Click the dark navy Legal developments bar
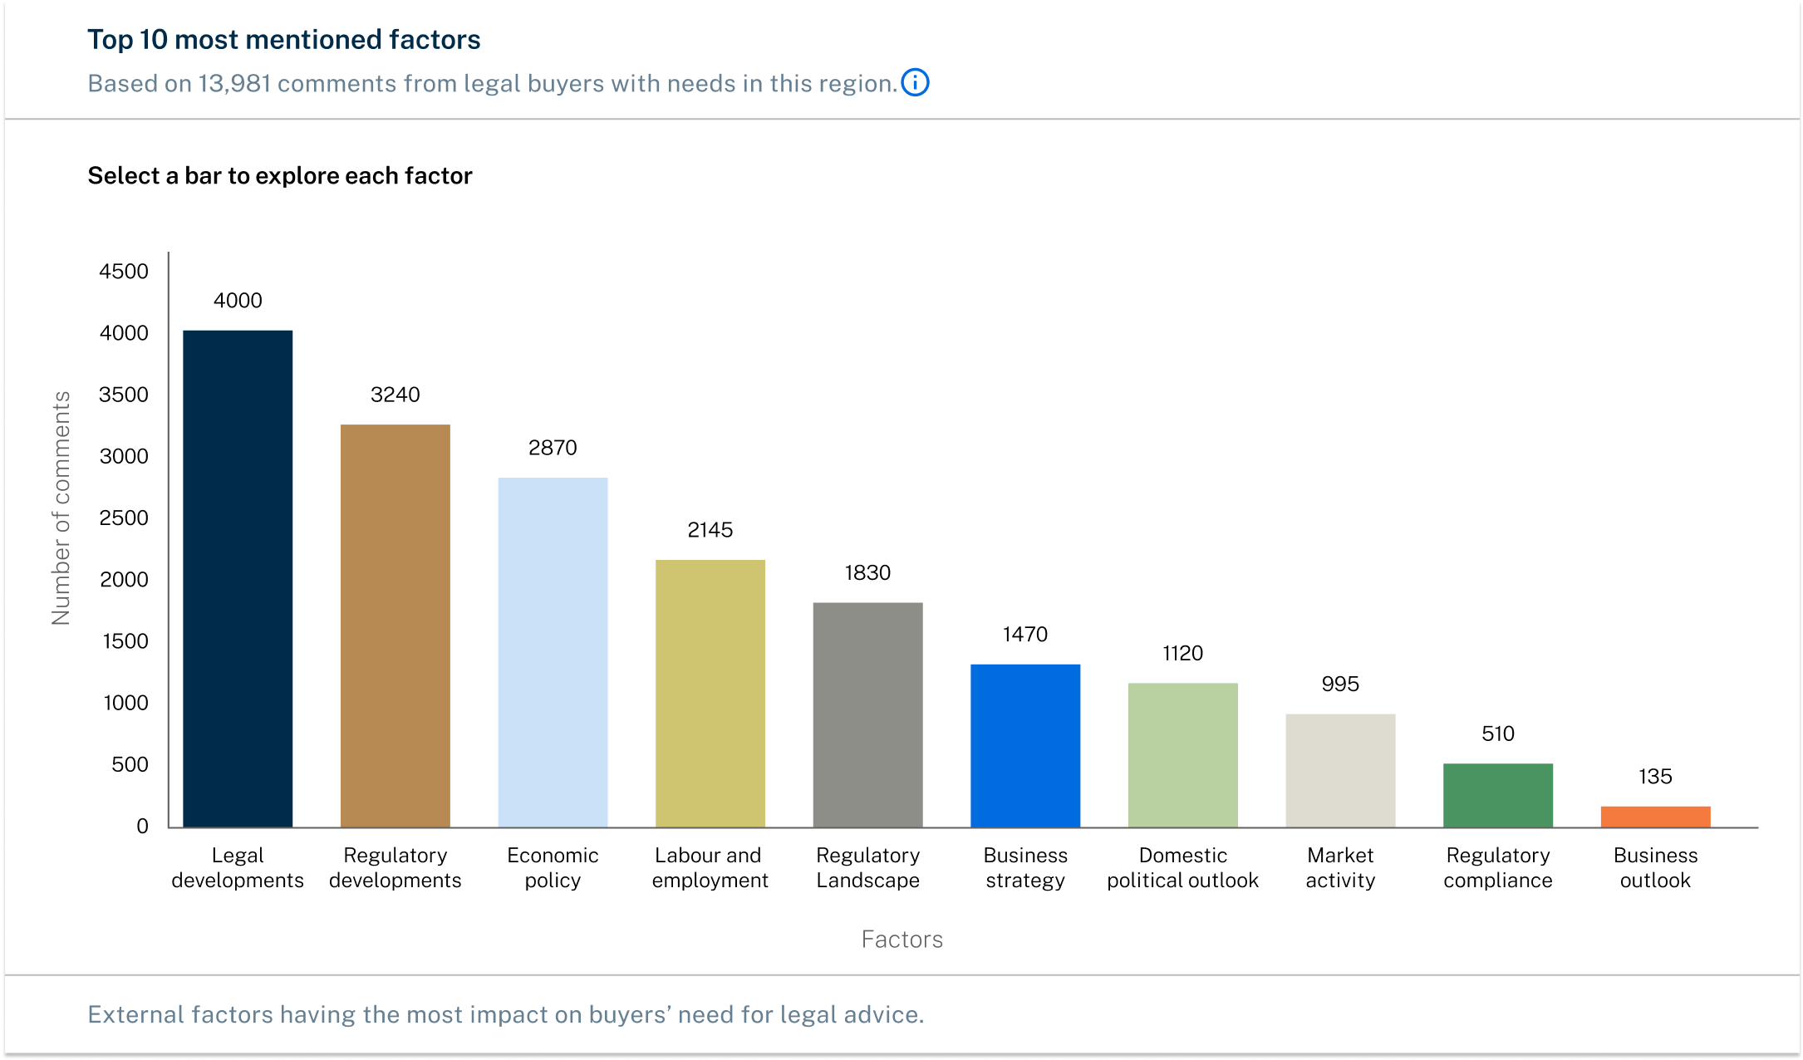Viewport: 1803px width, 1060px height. tap(238, 578)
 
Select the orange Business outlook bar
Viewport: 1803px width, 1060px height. tap(1655, 817)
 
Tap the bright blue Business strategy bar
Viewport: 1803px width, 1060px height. tap(1025, 745)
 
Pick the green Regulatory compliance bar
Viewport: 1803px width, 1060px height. tap(1497, 795)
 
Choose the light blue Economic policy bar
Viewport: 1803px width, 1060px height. tap(553, 652)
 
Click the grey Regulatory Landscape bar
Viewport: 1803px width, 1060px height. tap(867, 714)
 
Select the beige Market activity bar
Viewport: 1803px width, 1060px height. tap(1340, 770)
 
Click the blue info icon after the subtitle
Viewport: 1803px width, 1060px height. tap(915, 83)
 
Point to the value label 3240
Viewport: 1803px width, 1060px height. tap(395, 395)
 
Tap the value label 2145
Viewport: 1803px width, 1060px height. tap(710, 530)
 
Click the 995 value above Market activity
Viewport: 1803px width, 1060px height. tap(1340, 684)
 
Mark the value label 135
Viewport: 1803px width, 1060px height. tap(1655, 777)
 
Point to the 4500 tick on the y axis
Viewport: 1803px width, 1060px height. tap(124, 272)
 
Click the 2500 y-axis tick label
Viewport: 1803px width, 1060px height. tap(124, 518)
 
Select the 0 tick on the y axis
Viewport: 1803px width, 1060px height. tap(142, 827)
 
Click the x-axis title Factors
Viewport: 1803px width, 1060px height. tap(901, 940)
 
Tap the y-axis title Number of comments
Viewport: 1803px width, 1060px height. tap(61, 508)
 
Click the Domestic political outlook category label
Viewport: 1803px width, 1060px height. tap(1182, 868)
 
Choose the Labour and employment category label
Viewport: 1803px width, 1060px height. tap(710, 868)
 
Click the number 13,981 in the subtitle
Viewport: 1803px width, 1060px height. tap(234, 84)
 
